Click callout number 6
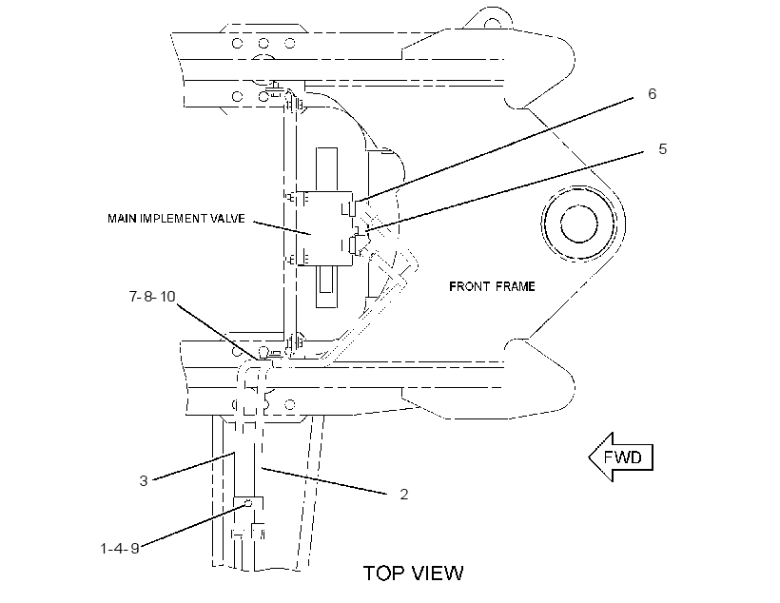[653, 94]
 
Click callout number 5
[663, 148]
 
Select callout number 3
[144, 481]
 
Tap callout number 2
[404, 494]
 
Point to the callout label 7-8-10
[152, 297]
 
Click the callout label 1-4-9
[120, 548]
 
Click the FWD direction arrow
[621, 457]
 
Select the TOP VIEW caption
[414, 574]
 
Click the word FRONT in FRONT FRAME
[471, 286]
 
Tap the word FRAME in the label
[516, 286]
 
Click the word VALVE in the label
[228, 219]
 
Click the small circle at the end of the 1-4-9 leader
[248, 504]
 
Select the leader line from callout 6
[495, 148]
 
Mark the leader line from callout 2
[324, 480]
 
